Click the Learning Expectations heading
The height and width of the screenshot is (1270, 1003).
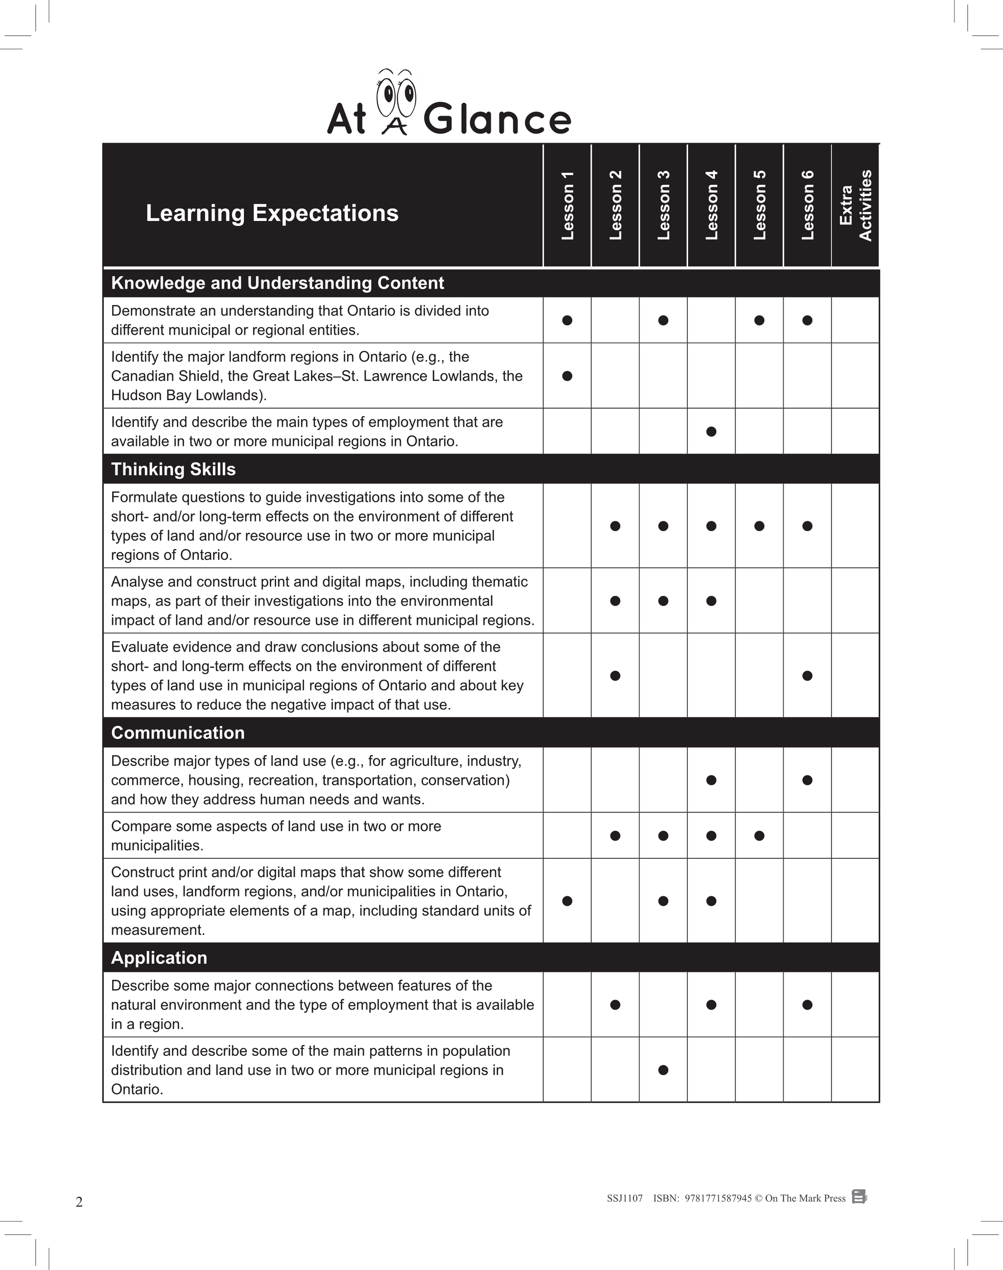coord(272,213)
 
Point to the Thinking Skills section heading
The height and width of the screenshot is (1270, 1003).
coord(173,469)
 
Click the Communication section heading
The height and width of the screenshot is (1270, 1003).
coord(177,733)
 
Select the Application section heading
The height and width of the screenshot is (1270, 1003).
coord(159,957)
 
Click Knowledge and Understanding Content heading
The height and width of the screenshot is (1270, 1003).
coord(277,283)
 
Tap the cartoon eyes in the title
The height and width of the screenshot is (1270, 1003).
coord(396,94)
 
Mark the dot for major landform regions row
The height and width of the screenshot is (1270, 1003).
coord(567,376)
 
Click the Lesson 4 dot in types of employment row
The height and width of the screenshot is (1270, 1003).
coord(711,431)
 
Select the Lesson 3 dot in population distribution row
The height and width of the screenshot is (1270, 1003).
coord(663,1070)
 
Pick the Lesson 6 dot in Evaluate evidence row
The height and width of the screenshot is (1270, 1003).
coord(808,676)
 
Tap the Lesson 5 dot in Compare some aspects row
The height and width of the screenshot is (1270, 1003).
coord(759,835)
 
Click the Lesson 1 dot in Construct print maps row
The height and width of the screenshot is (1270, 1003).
coord(567,901)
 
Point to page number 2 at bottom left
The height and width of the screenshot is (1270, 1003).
coord(79,1202)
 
